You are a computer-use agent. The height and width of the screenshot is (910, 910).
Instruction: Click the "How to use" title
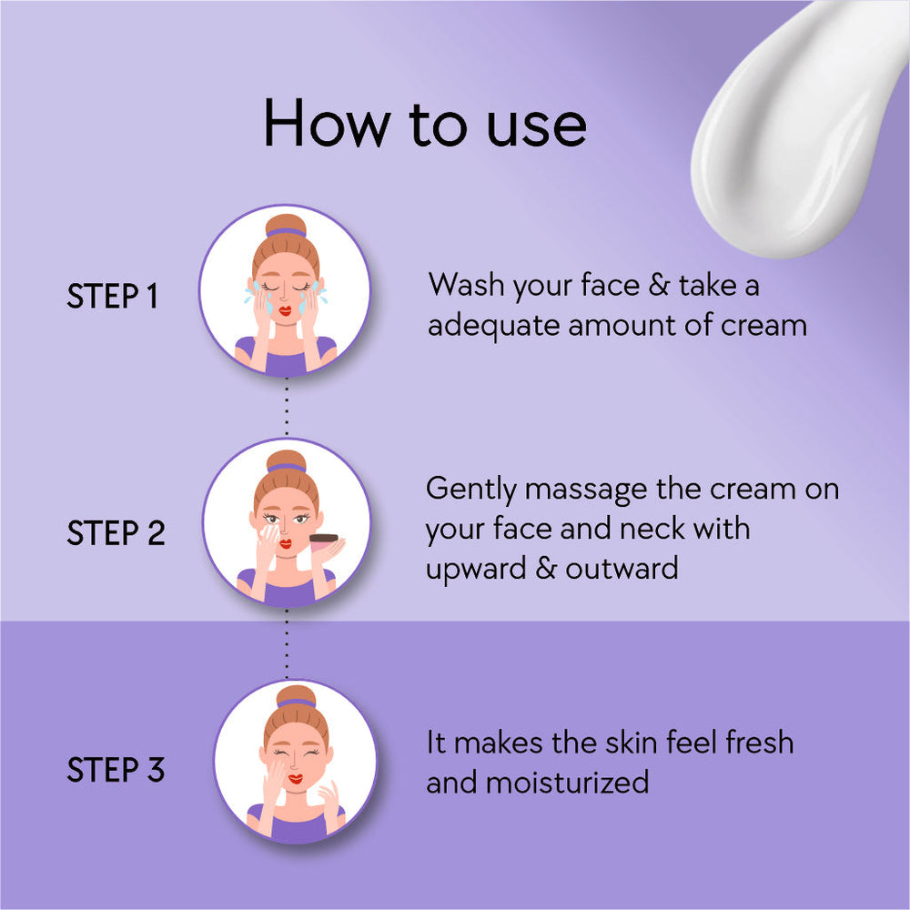point(425,124)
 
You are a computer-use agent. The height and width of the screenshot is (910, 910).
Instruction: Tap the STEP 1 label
point(112,296)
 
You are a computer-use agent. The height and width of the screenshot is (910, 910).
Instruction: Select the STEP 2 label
point(116,532)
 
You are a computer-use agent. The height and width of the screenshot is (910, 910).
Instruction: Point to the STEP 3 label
point(116,770)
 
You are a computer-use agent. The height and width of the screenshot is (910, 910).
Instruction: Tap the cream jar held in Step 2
point(323,541)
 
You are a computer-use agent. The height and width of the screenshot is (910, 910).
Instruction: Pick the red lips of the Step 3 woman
point(296,779)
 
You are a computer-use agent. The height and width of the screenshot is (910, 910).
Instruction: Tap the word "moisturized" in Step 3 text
point(567,783)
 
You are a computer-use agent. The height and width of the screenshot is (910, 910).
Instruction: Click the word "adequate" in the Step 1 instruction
point(493,326)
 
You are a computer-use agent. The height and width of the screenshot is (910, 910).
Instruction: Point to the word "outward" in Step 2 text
point(622,568)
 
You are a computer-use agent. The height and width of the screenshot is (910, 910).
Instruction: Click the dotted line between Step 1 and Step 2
point(287,408)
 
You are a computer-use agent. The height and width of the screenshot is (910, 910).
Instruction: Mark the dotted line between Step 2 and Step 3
point(287,643)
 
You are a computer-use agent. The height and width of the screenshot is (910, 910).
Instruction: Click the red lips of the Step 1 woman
point(284,310)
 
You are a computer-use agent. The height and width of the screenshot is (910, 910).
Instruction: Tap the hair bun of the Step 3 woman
point(296,696)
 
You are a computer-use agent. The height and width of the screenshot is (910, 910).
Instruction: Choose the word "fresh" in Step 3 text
point(760,743)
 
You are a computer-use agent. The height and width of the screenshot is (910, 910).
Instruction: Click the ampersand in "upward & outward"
point(546,568)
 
